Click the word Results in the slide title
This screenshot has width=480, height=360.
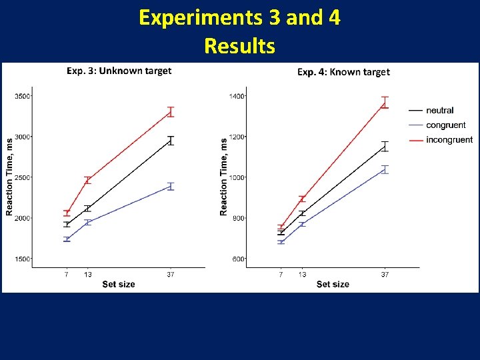[239, 46]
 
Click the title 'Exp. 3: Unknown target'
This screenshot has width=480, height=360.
[119, 71]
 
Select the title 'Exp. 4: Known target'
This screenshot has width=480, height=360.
[343, 72]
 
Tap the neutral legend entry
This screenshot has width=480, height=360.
[439, 111]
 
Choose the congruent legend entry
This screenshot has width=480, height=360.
[445, 125]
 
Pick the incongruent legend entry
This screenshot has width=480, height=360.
[449, 140]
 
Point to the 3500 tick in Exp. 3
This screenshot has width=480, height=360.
[22, 96]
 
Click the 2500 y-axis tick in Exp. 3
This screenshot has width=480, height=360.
[22, 177]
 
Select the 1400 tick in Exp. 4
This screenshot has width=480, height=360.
[237, 97]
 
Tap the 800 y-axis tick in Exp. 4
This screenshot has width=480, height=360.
[239, 218]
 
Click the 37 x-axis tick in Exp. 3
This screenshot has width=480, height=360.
[171, 274]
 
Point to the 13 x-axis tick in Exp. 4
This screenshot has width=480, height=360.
[302, 274]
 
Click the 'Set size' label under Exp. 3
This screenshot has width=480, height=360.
[119, 284]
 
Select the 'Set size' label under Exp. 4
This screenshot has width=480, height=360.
[333, 284]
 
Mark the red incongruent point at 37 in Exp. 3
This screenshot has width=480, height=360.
[171, 111]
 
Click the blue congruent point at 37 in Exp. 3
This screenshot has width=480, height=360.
[171, 187]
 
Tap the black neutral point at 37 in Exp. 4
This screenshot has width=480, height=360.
[385, 147]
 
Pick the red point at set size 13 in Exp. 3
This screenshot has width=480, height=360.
[87, 180]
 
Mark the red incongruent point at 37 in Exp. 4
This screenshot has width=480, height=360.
[385, 102]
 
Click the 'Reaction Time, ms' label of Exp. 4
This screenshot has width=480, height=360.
[223, 177]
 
